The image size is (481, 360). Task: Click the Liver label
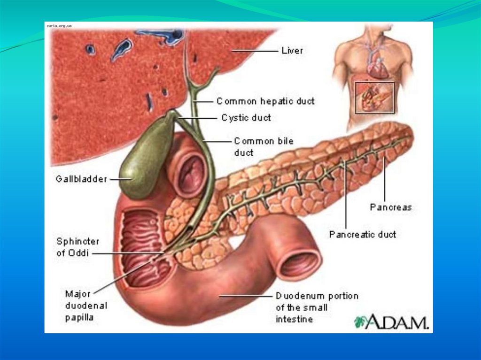[x=292, y=50]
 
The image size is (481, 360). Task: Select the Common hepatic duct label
[x=265, y=101]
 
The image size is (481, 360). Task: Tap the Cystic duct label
[x=246, y=118]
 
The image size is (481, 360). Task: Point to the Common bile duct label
[x=257, y=146]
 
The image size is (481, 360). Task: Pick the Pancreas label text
[x=390, y=207]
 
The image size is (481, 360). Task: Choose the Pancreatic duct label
[x=362, y=234]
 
